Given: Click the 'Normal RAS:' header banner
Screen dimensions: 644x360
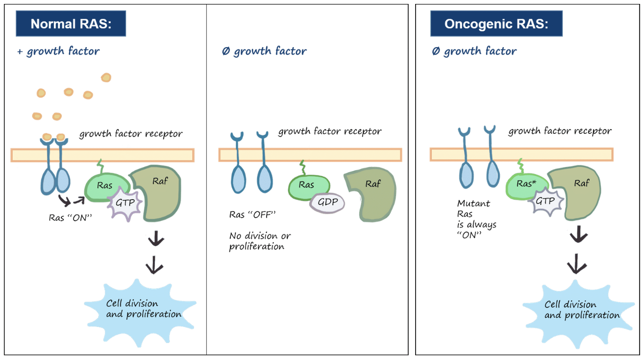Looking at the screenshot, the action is (x=71, y=24).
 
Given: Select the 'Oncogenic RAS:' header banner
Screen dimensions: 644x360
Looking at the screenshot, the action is (x=496, y=24).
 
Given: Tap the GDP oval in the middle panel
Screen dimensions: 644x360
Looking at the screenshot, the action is (x=327, y=203).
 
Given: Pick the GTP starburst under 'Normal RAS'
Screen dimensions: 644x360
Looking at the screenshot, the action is (x=125, y=203).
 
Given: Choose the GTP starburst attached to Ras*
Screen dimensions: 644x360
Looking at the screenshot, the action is (x=545, y=201).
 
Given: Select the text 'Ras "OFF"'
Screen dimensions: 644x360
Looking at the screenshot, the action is (x=252, y=215).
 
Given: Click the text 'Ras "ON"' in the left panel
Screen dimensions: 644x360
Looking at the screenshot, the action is (x=71, y=218).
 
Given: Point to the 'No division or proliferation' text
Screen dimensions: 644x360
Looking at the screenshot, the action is (x=260, y=241).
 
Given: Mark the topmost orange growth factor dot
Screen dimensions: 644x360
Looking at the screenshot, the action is (x=106, y=77).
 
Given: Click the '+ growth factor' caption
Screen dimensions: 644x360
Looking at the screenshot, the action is (x=58, y=51).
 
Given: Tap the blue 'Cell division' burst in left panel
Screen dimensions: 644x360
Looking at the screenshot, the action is (x=140, y=312).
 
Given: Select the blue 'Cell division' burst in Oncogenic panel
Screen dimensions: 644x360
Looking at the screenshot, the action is (x=578, y=314).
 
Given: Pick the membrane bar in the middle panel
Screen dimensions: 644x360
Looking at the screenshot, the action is (x=310, y=155).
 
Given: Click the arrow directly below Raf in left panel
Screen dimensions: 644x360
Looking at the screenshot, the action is (x=156, y=238).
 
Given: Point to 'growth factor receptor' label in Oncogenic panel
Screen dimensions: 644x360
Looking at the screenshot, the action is (x=560, y=131).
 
